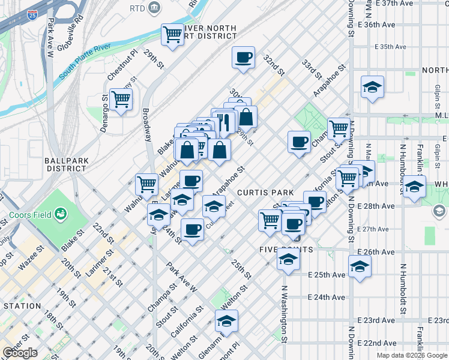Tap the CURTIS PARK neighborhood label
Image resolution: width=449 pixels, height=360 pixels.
[x=265, y=193]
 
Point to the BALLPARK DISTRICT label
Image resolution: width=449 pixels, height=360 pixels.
[x=66, y=164]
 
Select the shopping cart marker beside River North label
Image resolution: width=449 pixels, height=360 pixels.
[x=173, y=35]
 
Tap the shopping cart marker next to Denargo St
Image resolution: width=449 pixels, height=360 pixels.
[x=121, y=99]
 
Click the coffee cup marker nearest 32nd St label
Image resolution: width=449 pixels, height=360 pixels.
[x=243, y=58]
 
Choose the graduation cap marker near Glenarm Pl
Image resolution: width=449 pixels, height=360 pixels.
[x=226, y=321]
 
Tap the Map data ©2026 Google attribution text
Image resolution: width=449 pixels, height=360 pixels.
[x=412, y=355]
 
